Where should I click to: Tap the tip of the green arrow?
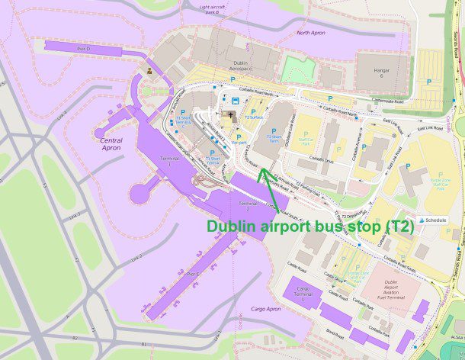260,169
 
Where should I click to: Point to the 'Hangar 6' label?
377,72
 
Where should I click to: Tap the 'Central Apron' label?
111,144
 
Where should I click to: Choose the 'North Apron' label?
311,33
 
